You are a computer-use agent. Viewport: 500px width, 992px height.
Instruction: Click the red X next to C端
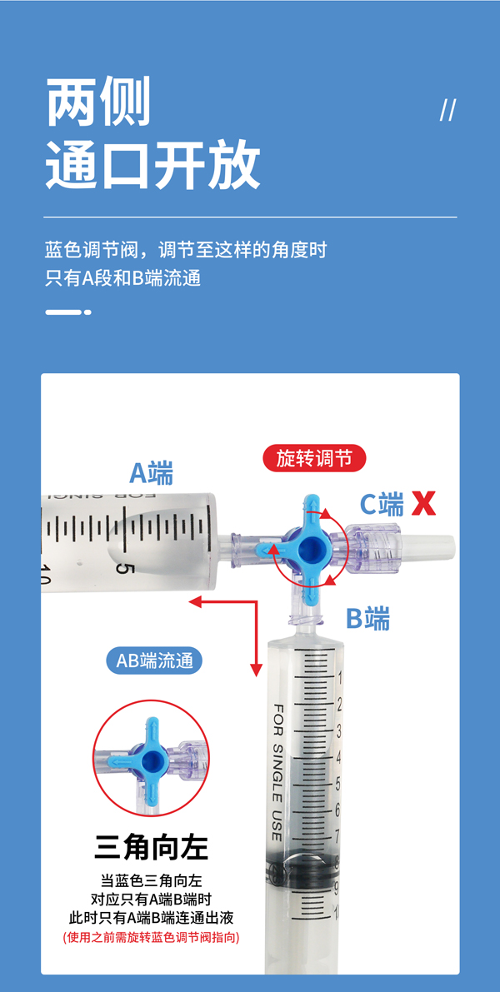coord(423,504)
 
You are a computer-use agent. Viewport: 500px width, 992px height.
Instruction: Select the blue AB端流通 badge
coord(154,661)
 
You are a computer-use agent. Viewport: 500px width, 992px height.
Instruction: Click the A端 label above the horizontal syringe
coord(152,473)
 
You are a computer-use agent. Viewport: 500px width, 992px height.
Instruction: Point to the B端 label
coord(367,618)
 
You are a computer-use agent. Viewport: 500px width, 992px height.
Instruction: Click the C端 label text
coord(382,504)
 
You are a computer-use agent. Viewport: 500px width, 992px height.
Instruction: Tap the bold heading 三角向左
coord(152,848)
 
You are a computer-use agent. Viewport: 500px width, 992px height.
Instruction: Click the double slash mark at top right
coord(447,110)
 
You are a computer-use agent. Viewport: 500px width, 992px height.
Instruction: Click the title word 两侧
coord(98,102)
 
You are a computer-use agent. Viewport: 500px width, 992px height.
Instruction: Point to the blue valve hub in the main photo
coord(312,548)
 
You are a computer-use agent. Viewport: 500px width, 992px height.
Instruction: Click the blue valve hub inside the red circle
coord(152,760)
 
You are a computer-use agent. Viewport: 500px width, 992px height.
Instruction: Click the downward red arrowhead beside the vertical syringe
coord(257,670)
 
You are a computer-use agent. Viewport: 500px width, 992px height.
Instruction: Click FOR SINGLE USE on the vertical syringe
coord(277,772)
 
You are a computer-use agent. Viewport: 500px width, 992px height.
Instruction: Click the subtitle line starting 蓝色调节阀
coord(186,249)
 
